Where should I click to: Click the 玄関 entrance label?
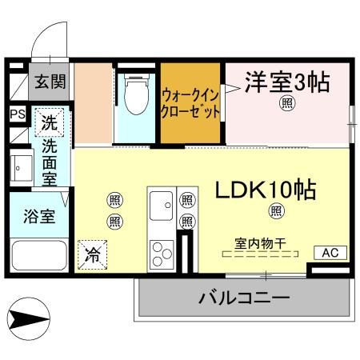click(x=50, y=82)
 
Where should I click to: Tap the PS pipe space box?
click(x=17, y=114)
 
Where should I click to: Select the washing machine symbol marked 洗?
click(x=49, y=123)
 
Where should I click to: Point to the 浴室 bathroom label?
click(x=38, y=217)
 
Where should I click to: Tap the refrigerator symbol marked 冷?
click(x=94, y=256)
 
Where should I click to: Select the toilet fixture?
click(x=135, y=94)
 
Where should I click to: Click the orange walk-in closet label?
click(x=190, y=102)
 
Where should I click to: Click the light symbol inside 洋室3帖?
click(x=285, y=102)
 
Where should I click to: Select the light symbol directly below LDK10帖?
click(x=276, y=211)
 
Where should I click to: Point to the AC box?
click(x=330, y=253)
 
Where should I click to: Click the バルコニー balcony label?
click(x=243, y=298)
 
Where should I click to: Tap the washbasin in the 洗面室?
click(x=18, y=169)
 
